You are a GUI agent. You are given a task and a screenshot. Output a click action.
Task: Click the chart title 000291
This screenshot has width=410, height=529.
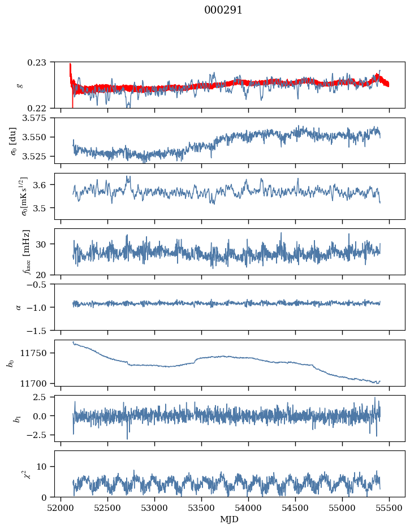click(223, 10)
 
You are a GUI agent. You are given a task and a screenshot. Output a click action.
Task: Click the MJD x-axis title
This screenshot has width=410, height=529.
click(229, 519)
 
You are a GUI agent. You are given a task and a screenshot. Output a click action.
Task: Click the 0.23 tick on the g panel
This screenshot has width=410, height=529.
click(41, 62)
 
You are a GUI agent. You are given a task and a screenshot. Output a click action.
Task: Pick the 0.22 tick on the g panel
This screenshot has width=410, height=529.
click(41, 108)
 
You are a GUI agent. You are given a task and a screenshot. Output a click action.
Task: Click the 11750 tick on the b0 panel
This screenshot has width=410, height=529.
click(37, 353)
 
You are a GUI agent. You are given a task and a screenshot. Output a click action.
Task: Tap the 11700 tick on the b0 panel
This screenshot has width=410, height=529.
click(37, 383)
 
